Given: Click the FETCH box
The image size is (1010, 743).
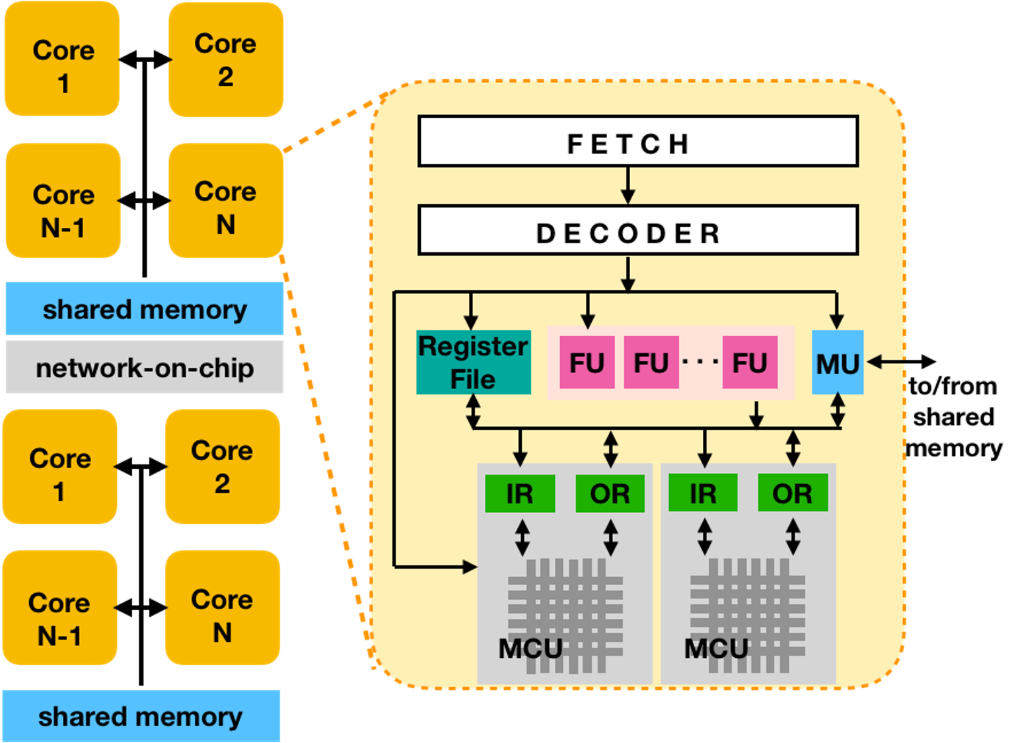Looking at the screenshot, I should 637,141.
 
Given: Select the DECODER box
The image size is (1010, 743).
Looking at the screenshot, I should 637,230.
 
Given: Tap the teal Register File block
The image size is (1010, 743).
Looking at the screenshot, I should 474,363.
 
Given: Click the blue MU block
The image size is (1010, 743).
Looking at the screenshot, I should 837,363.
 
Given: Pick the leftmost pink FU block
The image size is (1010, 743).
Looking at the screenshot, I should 587,363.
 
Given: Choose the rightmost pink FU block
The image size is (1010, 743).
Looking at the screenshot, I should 749,363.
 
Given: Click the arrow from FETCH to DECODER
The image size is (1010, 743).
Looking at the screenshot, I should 628,186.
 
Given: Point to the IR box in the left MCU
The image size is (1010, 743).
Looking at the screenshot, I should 520,493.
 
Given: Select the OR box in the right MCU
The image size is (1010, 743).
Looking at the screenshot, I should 792,493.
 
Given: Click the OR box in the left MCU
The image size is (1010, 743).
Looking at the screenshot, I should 610,493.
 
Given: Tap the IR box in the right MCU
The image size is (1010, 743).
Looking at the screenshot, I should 703,493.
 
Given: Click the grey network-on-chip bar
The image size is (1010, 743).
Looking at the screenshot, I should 145,368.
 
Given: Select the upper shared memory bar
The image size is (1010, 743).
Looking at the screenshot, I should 145,309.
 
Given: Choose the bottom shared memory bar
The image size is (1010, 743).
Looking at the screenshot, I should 141,716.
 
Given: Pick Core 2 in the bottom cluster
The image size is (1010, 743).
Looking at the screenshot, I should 223,466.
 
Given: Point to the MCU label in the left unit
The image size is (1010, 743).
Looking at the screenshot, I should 530,649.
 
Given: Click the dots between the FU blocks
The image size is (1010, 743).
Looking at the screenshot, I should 700,362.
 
